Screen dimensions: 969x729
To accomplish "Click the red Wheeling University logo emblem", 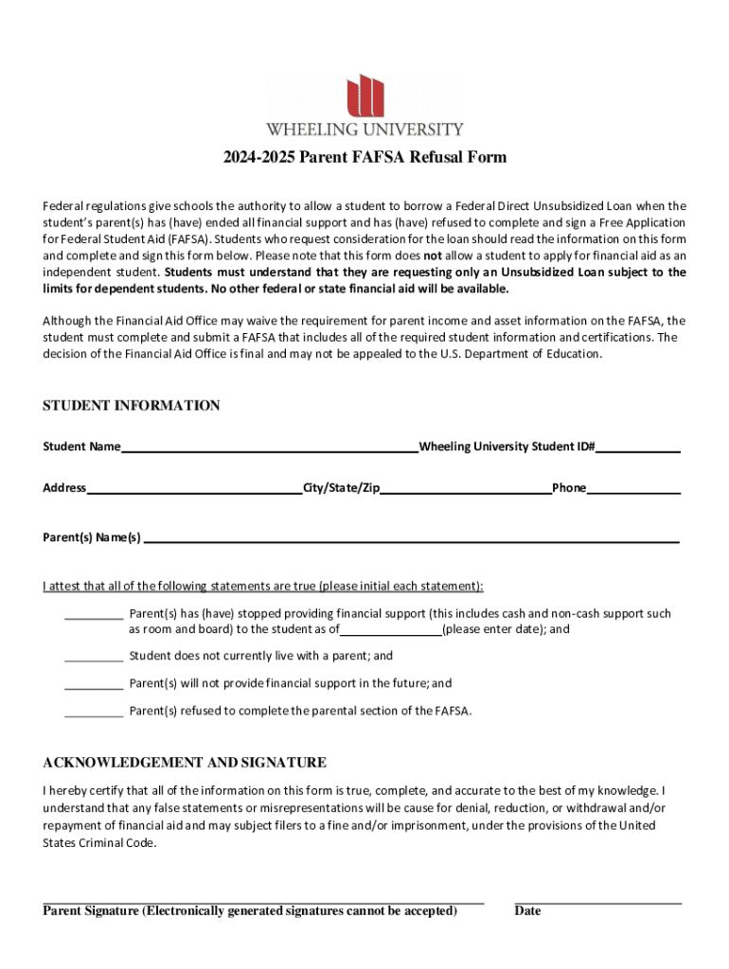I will [365, 95].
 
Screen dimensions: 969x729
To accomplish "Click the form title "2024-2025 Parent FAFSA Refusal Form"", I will [364, 157].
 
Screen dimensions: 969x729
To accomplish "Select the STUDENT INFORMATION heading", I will [132, 406].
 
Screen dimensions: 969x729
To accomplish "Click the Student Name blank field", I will [269, 448].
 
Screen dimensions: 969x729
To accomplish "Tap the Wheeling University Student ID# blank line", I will [637, 448].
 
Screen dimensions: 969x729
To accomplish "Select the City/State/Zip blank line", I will [466, 489].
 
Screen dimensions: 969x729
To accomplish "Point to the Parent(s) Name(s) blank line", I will [411, 538].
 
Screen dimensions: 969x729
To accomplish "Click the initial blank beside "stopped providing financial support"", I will [94, 614].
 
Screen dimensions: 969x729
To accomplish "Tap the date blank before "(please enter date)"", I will [390, 630].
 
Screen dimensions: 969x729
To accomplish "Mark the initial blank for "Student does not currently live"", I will [94, 657].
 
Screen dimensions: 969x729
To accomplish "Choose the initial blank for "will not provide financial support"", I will [94, 684].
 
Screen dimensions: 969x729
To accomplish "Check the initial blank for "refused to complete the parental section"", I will [94, 712].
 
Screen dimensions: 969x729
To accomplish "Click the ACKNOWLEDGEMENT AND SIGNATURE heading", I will [185, 763].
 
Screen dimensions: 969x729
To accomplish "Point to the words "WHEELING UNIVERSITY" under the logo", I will [364, 129].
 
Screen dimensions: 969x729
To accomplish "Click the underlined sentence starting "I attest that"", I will [263, 586].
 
